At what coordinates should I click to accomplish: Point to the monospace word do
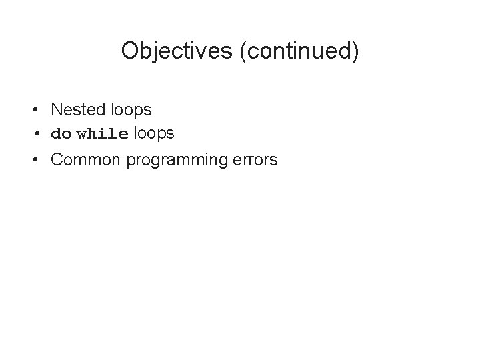61,134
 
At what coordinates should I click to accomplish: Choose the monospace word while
103,134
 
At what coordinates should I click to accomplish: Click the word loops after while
154,133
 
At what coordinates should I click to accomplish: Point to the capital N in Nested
56,109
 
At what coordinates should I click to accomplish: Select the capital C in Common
57,160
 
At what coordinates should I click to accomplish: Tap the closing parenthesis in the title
355,51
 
